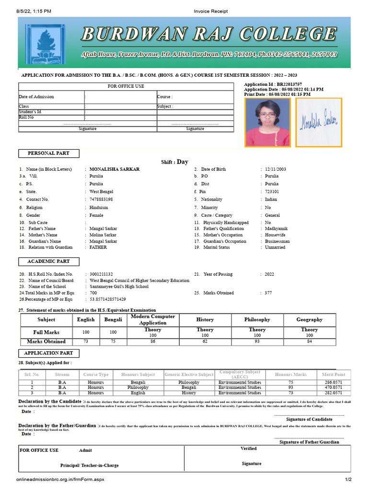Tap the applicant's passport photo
(x=267, y=122)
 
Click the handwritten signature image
(x=319, y=122)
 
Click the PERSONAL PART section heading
(x=49, y=153)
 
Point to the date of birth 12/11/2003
(x=276, y=169)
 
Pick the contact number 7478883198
(x=101, y=199)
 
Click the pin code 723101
(x=272, y=192)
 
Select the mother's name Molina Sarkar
(x=103, y=235)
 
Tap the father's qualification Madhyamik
(x=276, y=229)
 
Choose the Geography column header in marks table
(x=309, y=320)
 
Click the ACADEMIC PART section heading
(x=49, y=262)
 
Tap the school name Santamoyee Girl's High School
(x=119, y=287)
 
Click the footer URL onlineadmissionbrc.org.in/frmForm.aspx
(x=60, y=479)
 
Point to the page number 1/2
(x=348, y=479)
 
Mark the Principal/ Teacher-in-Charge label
(x=89, y=465)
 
